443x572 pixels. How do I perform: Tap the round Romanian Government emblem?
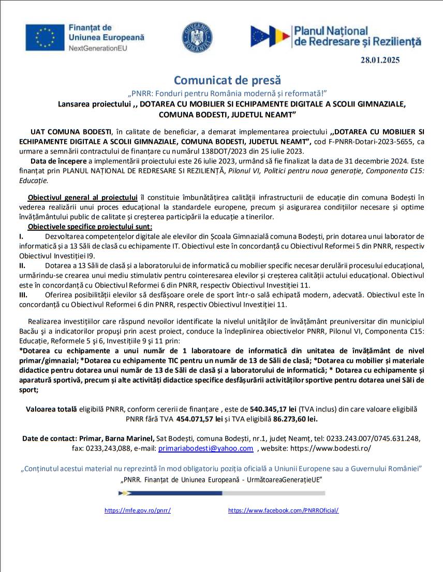(x=197, y=37)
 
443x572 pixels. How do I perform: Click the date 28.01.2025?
(x=380, y=60)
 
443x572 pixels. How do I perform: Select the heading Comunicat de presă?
(x=227, y=80)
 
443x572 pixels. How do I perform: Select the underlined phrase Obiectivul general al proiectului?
(x=82, y=198)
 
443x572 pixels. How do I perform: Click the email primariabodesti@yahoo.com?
(x=205, y=449)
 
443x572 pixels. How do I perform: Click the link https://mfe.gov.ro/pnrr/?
(x=137, y=510)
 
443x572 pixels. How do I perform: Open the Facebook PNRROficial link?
(x=283, y=510)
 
